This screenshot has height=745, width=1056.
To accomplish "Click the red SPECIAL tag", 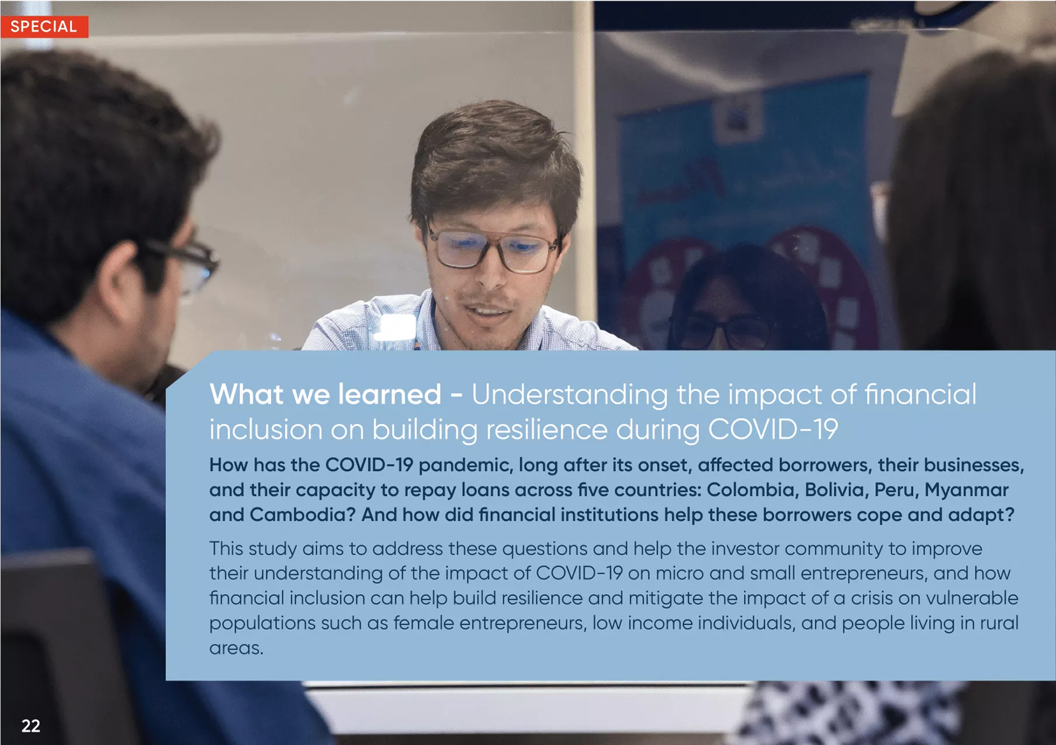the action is click(x=44, y=26).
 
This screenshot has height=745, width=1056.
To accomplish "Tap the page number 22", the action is click(x=30, y=726).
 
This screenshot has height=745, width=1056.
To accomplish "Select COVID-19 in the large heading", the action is click(x=773, y=429).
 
